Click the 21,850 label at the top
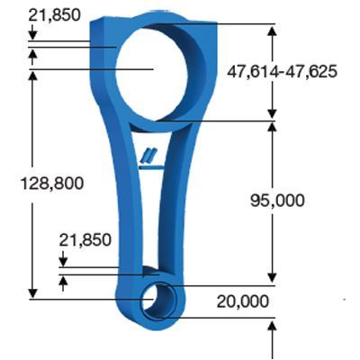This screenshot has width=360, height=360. point(53,14)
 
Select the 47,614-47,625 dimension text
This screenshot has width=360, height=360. point(282,71)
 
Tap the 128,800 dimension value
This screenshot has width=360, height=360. point(51,183)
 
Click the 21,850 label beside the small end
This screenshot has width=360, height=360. point(85,239)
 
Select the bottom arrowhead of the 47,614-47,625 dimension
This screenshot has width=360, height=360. point(272,113)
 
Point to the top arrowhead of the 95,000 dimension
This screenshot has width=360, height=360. point(272,125)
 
